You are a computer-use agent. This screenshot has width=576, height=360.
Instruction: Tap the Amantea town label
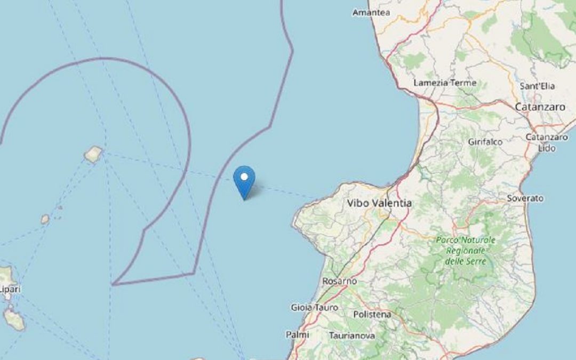(x=371, y=12)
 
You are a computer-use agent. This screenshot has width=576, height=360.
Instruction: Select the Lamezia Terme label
(x=445, y=83)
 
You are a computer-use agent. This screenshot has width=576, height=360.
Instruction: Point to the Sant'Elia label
(x=537, y=86)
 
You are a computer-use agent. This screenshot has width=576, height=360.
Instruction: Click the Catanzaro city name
(x=540, y=107)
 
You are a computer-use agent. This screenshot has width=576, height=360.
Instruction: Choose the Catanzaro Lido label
(x=546, y=142)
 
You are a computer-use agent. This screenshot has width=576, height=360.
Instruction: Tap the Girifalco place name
(x=485, y=142)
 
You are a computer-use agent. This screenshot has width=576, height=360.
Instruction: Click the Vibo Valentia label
(x=379, y=203)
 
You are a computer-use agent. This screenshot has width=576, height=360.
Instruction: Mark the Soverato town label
(x=525, y=198)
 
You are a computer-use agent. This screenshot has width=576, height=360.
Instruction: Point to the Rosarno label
(x=339, y=281)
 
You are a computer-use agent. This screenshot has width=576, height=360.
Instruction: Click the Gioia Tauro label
(x=311, y=307)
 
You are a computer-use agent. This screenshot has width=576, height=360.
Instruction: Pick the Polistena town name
(x=372, y=315)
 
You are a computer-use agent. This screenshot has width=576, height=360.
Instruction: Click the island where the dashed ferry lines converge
(x=93, y=154)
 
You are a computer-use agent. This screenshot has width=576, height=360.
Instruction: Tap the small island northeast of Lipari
(x=45, y=219)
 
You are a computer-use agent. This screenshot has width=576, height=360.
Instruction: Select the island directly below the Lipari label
(x=13, y=318)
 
